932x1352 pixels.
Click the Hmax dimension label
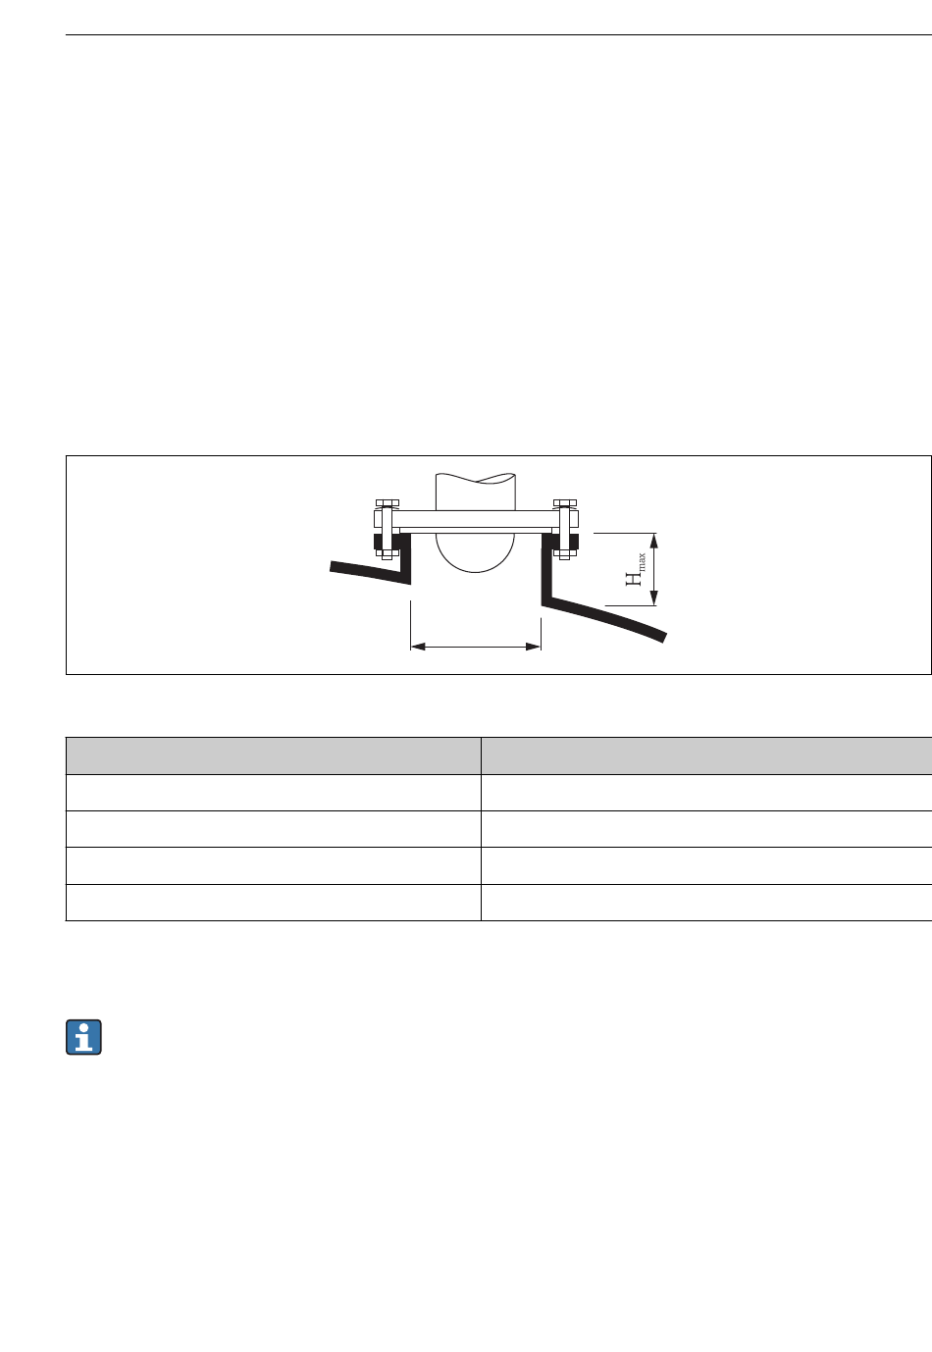[x=635, y=569]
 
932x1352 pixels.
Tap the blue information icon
[x=83, y=1037]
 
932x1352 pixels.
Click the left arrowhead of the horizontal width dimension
[x=418, y=647]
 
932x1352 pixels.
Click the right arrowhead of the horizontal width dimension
[x=534, y=647]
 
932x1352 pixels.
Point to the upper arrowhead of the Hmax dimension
[x=653, y=541]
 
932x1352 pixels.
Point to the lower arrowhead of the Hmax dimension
[x=653, y=598]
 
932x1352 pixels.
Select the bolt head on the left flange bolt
[x=387, y=502]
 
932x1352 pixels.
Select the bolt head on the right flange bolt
[x=565, y=502]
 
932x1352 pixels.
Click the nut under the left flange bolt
[x=387, y=553]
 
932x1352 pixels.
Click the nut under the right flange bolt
[x=565, y=553]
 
